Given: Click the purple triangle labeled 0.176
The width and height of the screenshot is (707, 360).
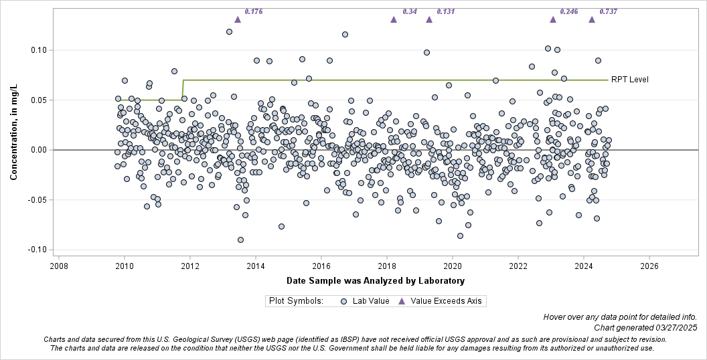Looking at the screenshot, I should (x=238, y=19).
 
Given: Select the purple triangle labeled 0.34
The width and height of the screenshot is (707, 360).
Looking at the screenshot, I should (x=394, y=19).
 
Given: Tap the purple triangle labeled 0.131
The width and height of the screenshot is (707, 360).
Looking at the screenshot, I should (x=429, y=19).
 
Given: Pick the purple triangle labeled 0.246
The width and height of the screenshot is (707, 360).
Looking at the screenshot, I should (x=553, y=19).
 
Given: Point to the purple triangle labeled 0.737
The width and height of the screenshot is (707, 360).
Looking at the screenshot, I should (x=592, y=19).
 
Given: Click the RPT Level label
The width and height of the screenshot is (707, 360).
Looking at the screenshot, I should (x=629, y=80).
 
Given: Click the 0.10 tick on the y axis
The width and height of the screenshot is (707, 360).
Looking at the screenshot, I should (x=37, y=50).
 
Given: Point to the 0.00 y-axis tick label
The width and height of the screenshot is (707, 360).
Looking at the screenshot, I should (x=37, y=150).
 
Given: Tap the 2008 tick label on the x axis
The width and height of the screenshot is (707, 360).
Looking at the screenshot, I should (x=58, y=266).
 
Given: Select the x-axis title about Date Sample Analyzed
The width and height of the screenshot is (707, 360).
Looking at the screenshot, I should (x=375, y=280).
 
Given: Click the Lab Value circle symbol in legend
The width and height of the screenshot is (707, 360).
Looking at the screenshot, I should (x=343, y=301).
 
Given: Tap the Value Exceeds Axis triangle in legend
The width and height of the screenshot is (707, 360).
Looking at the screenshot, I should (x=402, y=301).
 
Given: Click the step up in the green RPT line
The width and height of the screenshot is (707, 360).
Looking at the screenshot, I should (x=183, y=90).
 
